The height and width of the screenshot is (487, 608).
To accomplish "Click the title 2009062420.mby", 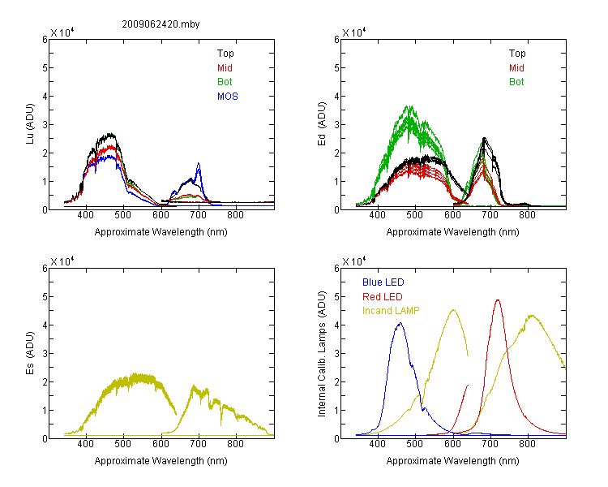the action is coord(161,24).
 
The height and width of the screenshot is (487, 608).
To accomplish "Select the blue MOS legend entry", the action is coord(228,97).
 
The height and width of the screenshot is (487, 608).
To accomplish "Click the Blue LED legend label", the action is coord(383,282).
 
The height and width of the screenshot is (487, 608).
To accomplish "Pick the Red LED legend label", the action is coord(383,297).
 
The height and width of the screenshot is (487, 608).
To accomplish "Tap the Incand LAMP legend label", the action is coord(391,311).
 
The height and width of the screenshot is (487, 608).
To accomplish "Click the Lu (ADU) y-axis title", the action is coord(30,124).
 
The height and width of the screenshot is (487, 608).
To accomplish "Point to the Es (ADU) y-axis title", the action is coord(30,353).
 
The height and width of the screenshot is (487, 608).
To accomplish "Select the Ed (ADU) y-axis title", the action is coord(322,124).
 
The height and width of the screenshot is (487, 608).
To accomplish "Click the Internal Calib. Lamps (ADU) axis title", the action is coord(322,354).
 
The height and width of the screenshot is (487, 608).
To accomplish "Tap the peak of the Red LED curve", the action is coord(498,300).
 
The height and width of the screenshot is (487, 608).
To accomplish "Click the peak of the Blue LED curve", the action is coord(400,323).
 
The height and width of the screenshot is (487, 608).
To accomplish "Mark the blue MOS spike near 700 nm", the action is coord(199,163).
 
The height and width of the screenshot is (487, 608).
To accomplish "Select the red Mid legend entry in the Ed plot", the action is coord(516,68).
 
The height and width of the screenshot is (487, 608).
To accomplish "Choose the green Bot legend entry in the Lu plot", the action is coord(225,82).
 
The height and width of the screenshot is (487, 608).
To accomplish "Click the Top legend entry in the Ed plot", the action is coord(517,54).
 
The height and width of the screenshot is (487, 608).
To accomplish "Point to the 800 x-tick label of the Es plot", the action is coord(235,444).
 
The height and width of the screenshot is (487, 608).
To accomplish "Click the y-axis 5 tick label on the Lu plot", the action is coord(45,68).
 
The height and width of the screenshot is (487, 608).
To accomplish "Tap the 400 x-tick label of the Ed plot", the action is coord(377,215).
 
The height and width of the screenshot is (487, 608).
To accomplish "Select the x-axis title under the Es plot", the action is coord(161,461).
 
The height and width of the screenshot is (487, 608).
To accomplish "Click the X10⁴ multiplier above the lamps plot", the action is coord(354,261).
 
